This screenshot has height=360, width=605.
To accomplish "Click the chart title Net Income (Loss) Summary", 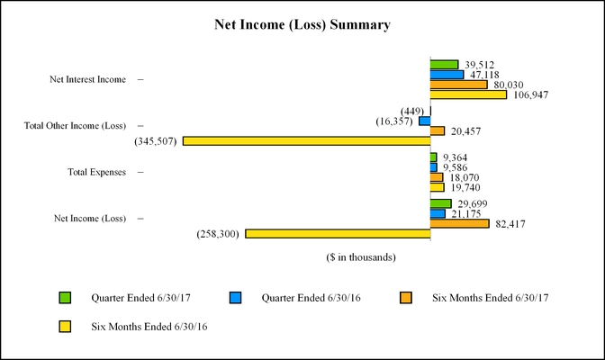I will point(302,25).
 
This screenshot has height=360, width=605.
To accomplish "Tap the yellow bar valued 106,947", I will point(468,94).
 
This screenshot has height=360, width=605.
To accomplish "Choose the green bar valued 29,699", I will point(441,203).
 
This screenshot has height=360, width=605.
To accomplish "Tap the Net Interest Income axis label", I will point(87,80).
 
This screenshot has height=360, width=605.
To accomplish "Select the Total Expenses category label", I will point(97,171).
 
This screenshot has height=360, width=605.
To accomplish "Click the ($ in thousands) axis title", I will point(361,257).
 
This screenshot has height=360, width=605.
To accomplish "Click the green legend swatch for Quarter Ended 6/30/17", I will point(64,298).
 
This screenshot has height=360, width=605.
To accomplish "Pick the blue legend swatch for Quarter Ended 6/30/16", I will point(235,298).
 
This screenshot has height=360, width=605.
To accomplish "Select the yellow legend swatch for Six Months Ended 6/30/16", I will point(64,327).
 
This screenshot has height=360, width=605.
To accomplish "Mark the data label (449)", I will point(413,111).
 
